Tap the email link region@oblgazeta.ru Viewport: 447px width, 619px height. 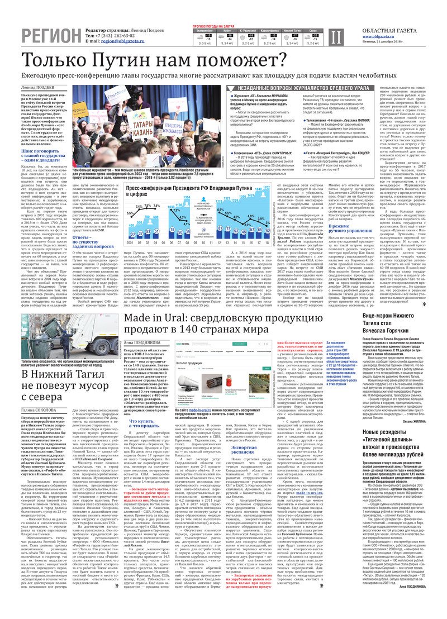pos(129,41)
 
